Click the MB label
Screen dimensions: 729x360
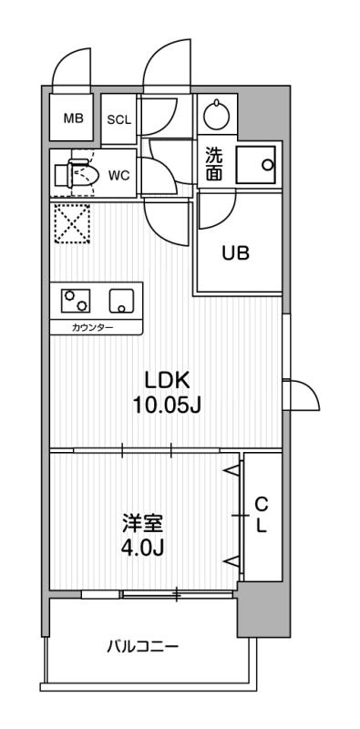coord(73,118)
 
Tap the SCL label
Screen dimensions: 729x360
coord(119,119)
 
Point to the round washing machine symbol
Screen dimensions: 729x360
coord(217,116)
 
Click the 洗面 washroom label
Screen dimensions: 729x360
coord(212,163)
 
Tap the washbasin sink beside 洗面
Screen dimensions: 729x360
coord(257,164)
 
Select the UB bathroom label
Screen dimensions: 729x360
coord(235,254)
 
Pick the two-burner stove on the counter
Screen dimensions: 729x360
coord(76,300)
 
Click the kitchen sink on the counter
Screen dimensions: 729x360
coord(120,300)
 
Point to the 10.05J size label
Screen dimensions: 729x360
coord(166,406)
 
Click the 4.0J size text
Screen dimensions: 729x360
coord(142,549)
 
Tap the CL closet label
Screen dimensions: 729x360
coord(260,516)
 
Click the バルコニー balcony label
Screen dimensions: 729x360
coord(142,648)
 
